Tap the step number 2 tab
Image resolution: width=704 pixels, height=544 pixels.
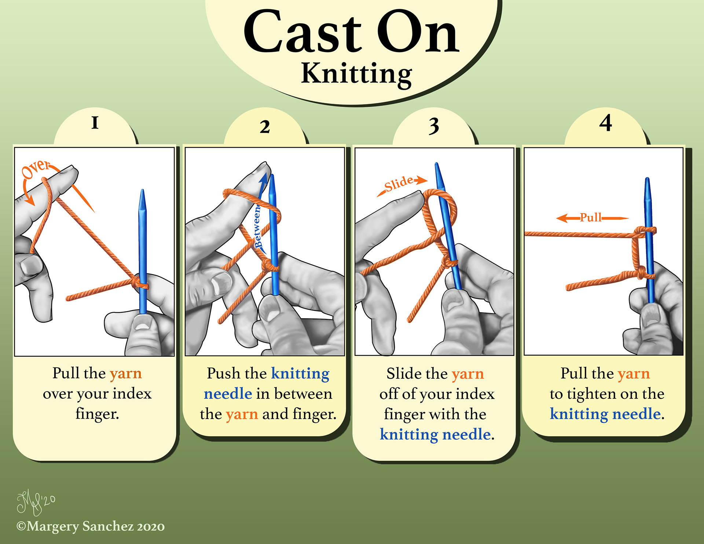265,127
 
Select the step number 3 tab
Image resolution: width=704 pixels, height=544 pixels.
434,126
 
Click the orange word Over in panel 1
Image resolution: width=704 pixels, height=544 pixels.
36,169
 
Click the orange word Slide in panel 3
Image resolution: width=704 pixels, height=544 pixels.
399,183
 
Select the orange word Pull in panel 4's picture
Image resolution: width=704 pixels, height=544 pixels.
591,217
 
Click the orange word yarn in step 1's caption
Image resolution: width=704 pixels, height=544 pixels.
125,373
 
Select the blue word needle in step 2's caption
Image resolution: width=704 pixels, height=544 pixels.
228,394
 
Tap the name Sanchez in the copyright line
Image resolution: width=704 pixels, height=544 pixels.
108,526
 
